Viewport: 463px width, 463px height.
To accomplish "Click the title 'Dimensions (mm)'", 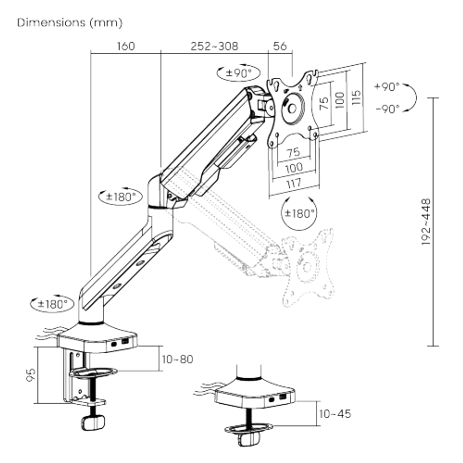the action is [70, 23].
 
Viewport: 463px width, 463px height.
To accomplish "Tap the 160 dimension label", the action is [126, 46].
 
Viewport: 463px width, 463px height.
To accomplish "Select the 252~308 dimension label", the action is [214, 46].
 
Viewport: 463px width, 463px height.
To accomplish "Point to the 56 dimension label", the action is [280, 46].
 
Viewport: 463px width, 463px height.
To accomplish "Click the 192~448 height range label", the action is [426, 222].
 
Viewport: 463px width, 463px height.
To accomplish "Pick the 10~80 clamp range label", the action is [177, 359].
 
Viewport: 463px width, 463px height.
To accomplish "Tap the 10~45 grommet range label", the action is [335, 413].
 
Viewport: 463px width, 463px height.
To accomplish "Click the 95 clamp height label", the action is [31, 375].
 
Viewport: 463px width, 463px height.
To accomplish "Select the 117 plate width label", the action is [294, 184].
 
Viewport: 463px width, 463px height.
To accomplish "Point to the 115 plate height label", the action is [357, 97].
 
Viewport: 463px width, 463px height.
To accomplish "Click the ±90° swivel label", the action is [238, 73].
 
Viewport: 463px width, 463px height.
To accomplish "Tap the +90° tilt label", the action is [387, 87].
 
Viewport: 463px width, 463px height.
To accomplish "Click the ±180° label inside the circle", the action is [299, 213].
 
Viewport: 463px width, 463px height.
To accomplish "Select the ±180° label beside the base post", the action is [53, 304].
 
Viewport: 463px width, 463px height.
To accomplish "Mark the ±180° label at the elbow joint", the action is [121, 196].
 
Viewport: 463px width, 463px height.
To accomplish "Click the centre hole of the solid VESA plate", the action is [292, 108].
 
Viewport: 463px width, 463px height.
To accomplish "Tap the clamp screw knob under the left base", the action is [93, 423].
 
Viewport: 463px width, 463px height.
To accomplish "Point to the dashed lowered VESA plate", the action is [308, 267].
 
